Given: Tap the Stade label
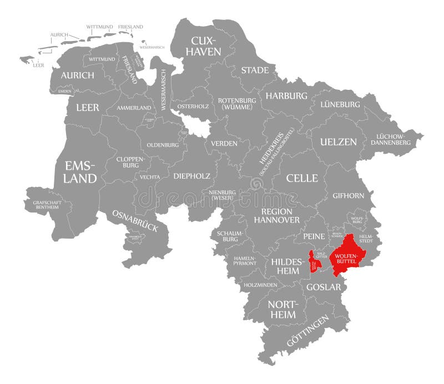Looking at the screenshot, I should [255, 70].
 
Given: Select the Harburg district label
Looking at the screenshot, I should [286, 95].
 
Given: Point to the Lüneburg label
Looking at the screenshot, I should [340, 104].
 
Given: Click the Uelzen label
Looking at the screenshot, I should [338, 142].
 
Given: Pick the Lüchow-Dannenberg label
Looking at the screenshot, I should [393, 139].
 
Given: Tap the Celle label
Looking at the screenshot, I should [302, 178].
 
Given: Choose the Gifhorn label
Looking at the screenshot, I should [348, 196].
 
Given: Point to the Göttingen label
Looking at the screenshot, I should [307, 331].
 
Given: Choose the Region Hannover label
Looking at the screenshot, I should [276, 216].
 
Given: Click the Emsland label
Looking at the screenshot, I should [81, 172].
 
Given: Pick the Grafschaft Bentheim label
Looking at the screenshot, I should [51, 205].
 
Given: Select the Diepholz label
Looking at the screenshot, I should [191, 176].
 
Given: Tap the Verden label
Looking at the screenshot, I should [224, 143].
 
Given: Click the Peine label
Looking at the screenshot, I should [314, 236].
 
